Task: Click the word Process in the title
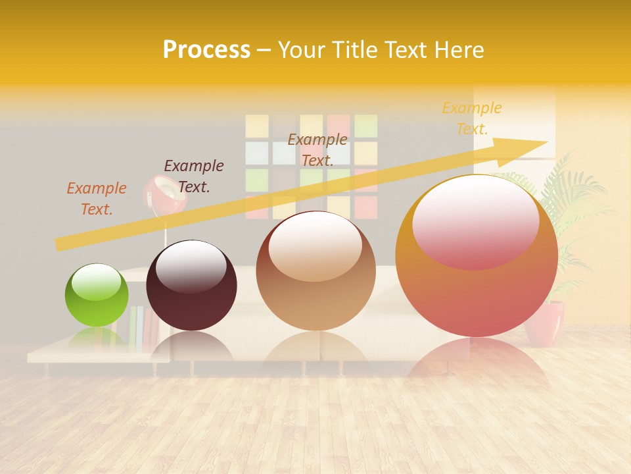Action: click(x=206, y=49)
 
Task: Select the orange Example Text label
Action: click(x=97, y=198)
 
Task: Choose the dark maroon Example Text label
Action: click(x=194, y=176)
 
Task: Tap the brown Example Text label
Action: click(x=317, y=149)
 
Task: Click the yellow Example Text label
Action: click(x=472, y=118)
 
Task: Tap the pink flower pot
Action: click(x=546, y=323)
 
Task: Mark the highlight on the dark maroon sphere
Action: click(x=191, y=267)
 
